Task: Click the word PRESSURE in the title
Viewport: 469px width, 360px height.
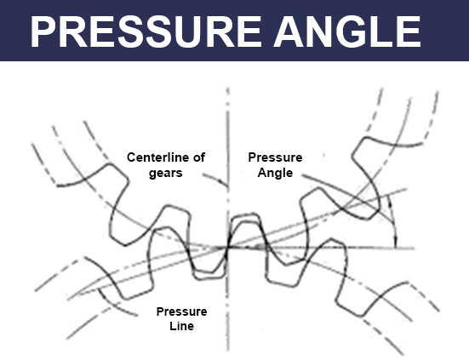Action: coord(146,31)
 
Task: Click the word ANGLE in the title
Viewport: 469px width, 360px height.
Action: coord(347,31)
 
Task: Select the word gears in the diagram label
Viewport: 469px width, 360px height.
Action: coord(166,174)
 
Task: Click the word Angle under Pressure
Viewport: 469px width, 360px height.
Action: coord(275,173)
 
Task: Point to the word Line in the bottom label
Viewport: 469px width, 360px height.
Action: coord(181,326)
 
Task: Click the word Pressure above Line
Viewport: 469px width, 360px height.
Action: coord(181,311)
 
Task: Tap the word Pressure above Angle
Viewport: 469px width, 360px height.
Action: coord(275,157)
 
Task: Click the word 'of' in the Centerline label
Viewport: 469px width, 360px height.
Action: coord(199,157)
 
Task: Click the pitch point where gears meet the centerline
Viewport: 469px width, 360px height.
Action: coord(228,248)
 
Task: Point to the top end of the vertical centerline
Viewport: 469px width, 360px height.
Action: coord(228,88)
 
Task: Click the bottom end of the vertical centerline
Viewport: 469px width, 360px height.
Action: coord(228,351)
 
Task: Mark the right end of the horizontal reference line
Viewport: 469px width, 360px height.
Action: coord(415,248)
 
